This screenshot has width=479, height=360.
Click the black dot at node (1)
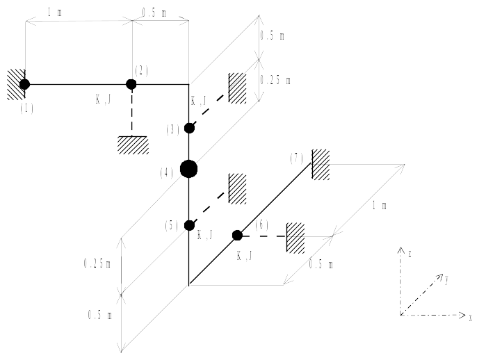25,84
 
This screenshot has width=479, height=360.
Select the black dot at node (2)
131,84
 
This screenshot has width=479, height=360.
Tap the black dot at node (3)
189,128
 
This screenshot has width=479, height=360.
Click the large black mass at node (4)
188,168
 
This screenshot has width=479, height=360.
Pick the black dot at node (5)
189,225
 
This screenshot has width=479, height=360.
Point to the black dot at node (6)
236,235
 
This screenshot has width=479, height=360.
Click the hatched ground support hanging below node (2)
131,144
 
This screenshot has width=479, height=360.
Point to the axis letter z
412,254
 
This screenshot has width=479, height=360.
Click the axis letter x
471,318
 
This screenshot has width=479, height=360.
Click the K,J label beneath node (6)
245,256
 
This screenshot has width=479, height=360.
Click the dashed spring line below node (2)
131,111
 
